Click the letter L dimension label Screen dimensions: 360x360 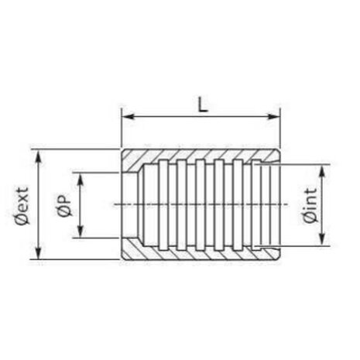203,105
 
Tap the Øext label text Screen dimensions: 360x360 22,206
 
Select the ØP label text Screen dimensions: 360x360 63,205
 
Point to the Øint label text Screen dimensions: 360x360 310,205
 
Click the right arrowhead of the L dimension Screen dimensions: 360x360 273,116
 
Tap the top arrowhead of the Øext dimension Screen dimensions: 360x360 39,156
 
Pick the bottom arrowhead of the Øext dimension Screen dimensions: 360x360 39,252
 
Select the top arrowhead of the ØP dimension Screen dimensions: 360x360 81,179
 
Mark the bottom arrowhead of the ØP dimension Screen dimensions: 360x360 81,231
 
